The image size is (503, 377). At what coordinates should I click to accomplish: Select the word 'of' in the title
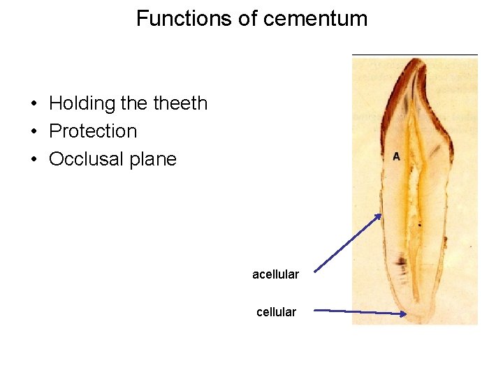click(248, 19)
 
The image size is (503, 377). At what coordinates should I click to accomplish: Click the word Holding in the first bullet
click(82, 103)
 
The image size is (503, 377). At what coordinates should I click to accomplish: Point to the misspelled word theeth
click(180, 103)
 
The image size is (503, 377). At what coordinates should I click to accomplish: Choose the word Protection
click(93, 131)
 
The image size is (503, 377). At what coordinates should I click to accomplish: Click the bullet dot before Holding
click(34, 104)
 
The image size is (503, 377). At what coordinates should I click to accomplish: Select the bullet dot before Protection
click(34, 132)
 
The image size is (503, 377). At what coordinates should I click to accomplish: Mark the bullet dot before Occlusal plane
click(34, 160)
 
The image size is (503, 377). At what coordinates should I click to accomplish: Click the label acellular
click(275, 274)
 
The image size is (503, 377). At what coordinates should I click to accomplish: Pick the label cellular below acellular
click(276, 312)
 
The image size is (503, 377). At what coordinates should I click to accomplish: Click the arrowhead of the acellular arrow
click(379, 216)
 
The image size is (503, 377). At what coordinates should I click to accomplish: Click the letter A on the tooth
click(396, 156)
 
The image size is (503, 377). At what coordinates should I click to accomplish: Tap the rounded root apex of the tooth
click(418, 318)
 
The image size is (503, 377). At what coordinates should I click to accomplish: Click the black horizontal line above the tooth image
click(415, 54)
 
